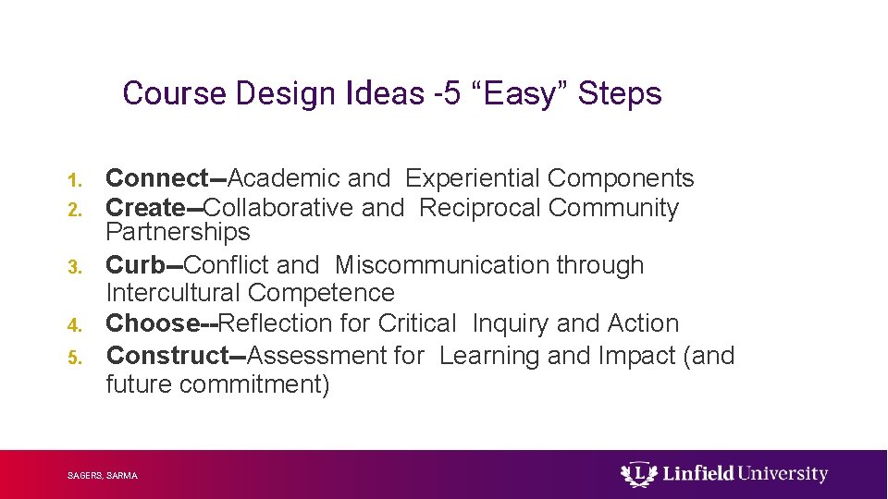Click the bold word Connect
pyautogui.click(x=157, y=178)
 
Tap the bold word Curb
pyautogui.click(x=135, y=265)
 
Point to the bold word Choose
pyautogui.click(x=153, y=323)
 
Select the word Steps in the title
pyautogui.click(x=620, y=93)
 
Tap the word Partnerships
pyautogui.click(x=178, y=231)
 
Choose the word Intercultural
pyautogui.click(x=174, y=293)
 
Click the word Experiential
pyautogui.click(x=474, y=178)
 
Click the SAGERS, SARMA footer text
pyautogui.click(x=103, y=476)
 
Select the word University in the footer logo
pyautogui.click(x=783, y=474)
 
